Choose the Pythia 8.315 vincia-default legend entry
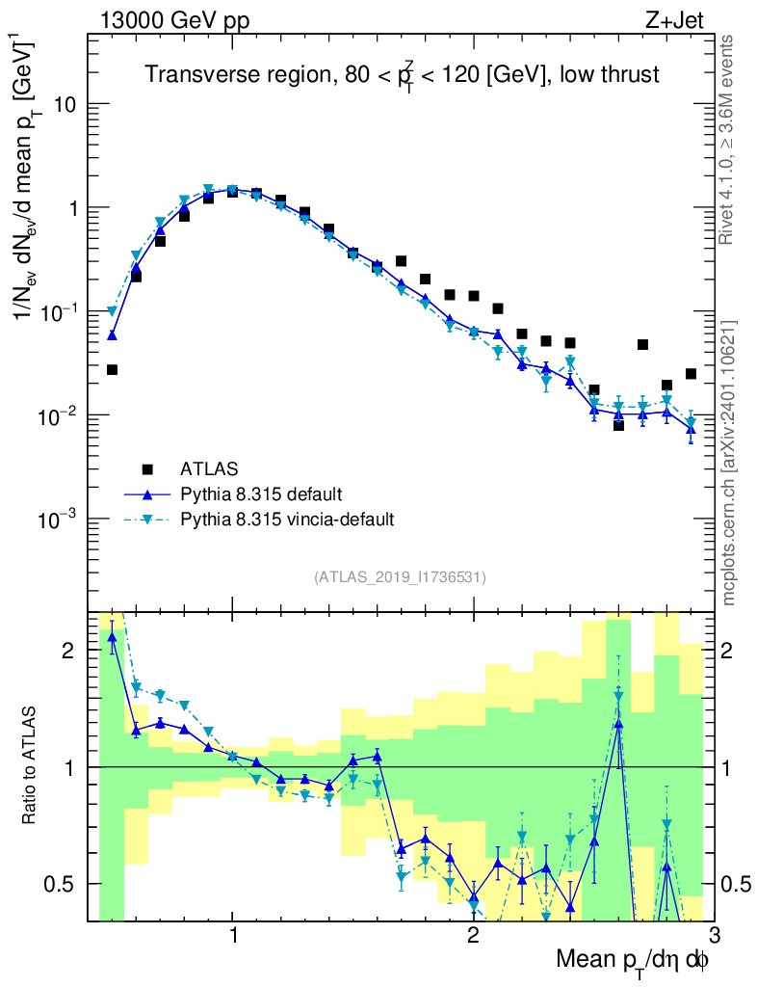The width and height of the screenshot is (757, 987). tap(287, 520)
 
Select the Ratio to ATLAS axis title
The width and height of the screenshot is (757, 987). tap(32, 767)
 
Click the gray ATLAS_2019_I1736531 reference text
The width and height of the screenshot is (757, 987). tap(400, 577)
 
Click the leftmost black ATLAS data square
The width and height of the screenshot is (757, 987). tap(112, 370)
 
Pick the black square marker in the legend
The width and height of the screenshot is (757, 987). tap(147, 469)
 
